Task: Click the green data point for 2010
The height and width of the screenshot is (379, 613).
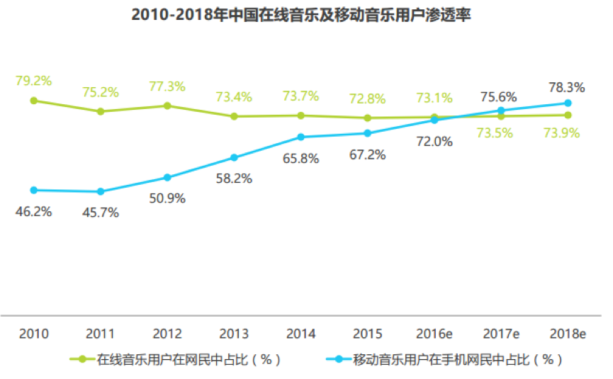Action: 33,101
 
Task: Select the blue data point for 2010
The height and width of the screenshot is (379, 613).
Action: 33,190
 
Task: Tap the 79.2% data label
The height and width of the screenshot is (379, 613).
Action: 33,81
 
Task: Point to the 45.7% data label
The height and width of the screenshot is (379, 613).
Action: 100,213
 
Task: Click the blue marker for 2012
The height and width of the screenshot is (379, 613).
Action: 167,177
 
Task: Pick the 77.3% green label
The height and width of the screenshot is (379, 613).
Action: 167,86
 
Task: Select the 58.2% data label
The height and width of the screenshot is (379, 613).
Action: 234,179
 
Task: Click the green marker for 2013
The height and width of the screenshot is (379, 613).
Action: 234,116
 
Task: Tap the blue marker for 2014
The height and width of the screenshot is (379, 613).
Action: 300,137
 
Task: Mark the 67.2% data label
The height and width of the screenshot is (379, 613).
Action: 367,154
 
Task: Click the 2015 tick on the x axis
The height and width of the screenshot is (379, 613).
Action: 367,333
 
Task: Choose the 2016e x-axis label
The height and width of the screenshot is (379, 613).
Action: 434,333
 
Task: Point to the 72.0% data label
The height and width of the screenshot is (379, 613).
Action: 434,141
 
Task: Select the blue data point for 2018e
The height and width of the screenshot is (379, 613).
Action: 568,103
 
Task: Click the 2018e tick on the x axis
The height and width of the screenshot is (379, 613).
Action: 568,333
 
